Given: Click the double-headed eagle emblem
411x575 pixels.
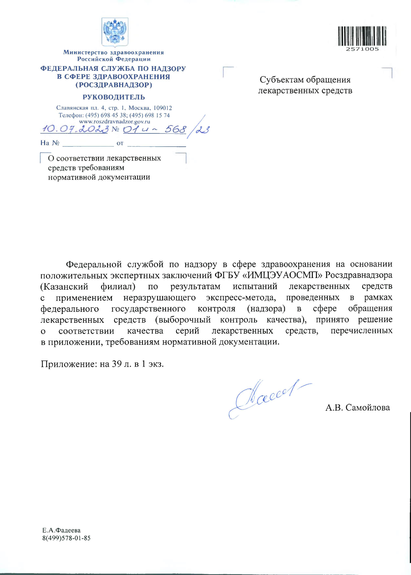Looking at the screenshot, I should point(115,32).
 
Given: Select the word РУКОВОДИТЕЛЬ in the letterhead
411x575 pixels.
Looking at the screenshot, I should point(114,97).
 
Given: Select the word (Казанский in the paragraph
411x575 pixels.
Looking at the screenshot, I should point(64,286).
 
